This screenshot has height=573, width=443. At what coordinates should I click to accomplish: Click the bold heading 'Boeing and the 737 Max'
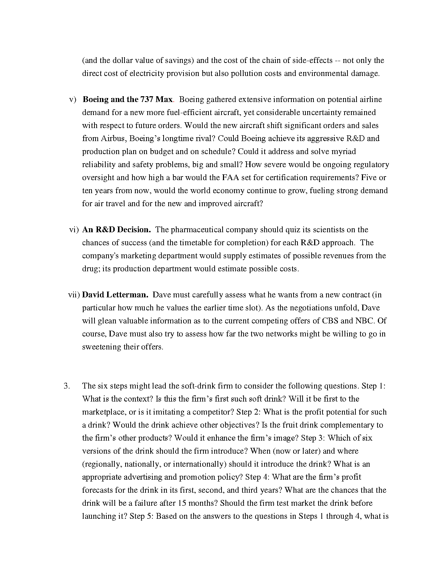[128, 99]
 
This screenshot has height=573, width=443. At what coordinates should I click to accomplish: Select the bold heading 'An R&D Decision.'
[116, 230]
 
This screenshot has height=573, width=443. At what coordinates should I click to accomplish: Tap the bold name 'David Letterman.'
[115, 295]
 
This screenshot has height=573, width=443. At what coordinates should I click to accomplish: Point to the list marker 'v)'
[73, 99]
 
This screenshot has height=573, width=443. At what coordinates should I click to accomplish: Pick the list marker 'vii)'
[74, 295]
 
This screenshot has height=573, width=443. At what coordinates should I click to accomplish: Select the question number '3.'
[67, 386]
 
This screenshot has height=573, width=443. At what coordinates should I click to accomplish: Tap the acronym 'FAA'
[223, 178]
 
